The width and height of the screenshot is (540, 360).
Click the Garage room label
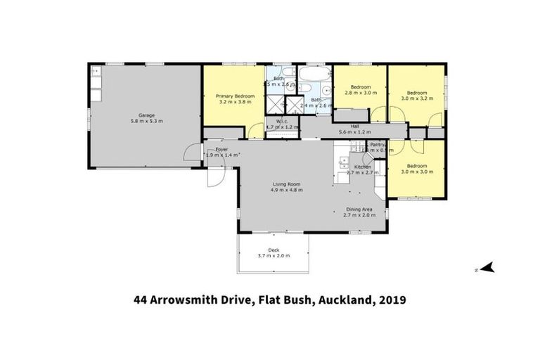(146, 115)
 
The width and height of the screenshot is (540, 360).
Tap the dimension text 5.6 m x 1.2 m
(354, 132)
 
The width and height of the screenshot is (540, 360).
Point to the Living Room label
(287, 185)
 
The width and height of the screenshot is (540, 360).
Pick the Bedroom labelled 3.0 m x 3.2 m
(417, 91)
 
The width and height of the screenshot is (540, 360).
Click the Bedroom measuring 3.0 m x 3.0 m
(417, 166)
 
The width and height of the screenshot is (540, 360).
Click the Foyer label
(221, 148)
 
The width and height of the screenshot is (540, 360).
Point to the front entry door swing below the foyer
(218, 173)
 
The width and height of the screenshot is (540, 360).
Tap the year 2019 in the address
(392, 300)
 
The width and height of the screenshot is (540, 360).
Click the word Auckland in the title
(345, 300)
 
